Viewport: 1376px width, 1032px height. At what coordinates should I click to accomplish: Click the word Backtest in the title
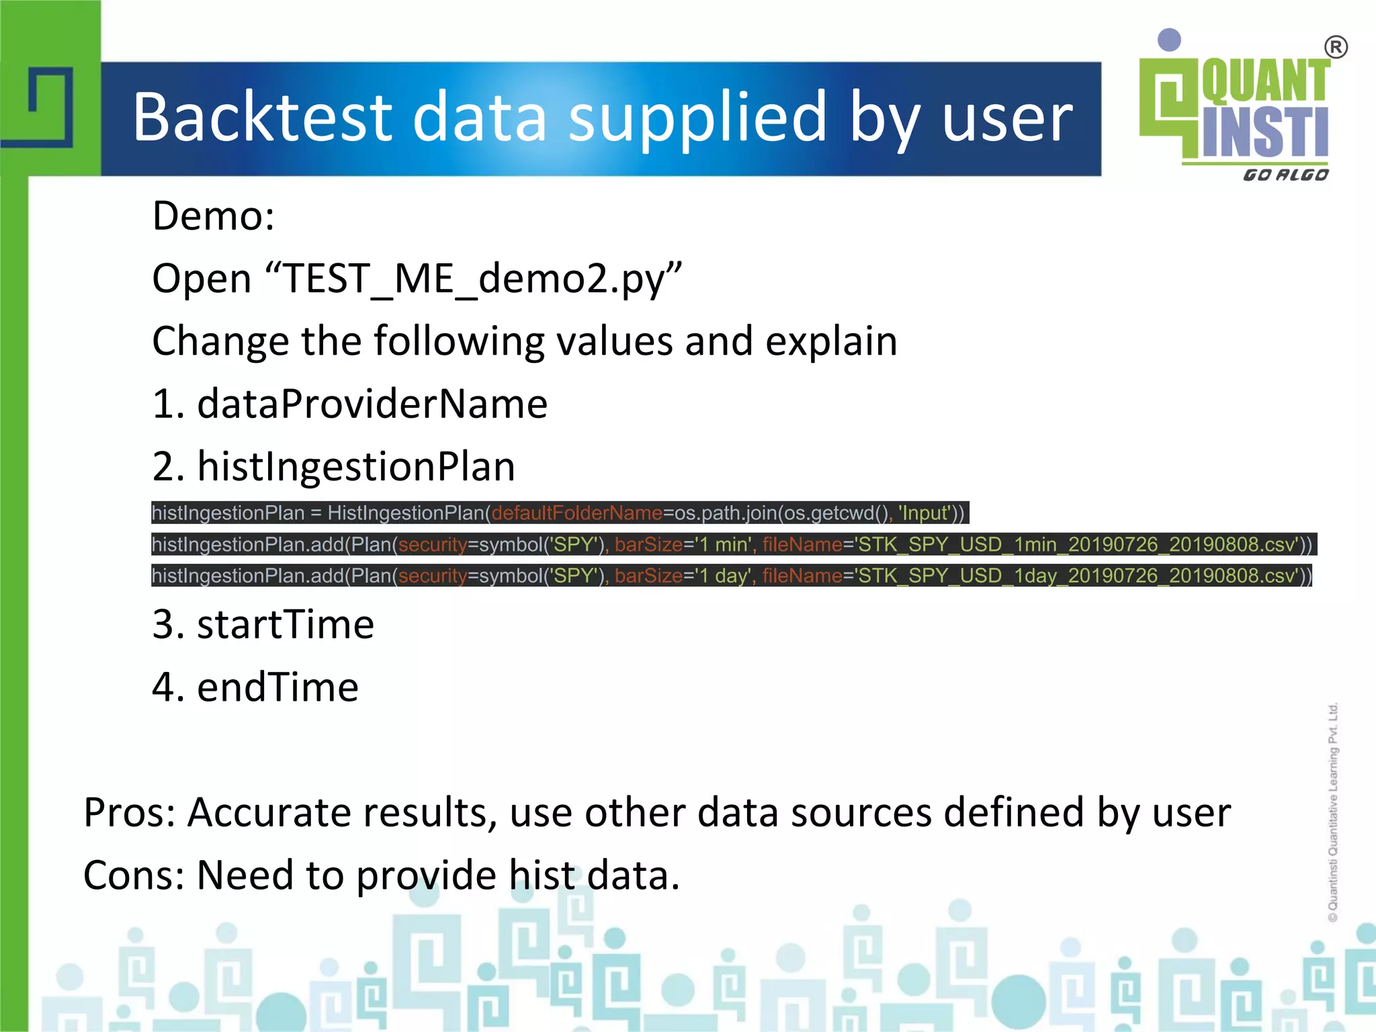(262, 118)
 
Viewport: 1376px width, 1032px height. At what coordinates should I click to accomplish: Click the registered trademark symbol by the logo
(1336, 48)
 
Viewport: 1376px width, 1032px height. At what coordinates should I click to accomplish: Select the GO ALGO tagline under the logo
(1285, 175)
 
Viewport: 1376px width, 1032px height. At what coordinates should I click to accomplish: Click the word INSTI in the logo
(1265, 132)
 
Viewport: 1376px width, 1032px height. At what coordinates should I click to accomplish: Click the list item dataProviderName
(372, 404)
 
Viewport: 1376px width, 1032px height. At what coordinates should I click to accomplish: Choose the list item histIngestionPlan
(356, 466)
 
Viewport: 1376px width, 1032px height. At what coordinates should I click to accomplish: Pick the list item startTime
(286, 624)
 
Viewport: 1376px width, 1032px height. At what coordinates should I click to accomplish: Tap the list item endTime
(277, 687)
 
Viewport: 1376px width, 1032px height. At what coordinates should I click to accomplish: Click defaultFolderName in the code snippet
(577, 513)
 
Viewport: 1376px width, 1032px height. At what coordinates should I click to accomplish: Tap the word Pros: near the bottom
(129, 812)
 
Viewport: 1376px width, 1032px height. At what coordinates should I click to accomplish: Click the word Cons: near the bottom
(133, 875)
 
